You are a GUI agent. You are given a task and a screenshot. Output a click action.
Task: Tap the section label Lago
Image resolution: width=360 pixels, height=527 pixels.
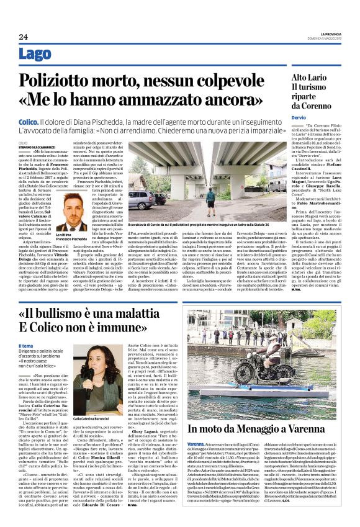pyautogui.click(x=35, y=55)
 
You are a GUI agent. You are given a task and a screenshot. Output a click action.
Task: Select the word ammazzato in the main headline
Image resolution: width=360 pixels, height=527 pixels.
pyautogui.click(x=166, y=100)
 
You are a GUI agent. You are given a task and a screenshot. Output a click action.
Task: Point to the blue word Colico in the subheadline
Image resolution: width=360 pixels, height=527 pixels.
pyautogui.click(x=29, y=124)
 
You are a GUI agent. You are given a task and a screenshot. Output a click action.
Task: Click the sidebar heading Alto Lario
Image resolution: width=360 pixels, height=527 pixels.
pyautogui.click(x=310, y=78)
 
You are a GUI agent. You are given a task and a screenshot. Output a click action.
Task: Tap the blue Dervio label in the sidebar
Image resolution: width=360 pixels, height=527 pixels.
pyautogui.click(x=299, y=117)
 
